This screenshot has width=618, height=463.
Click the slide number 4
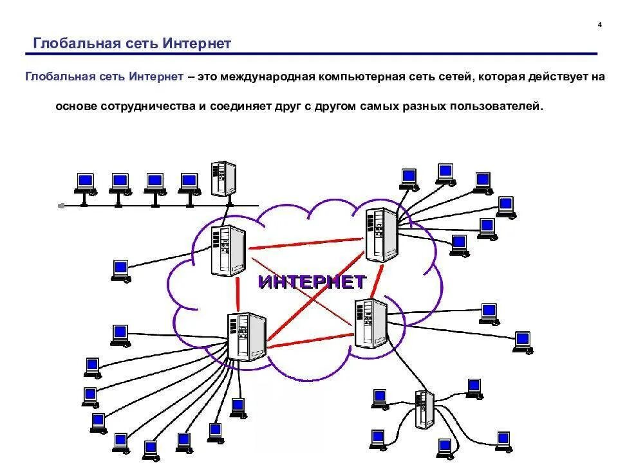coord(599,25)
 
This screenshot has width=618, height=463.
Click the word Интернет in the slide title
coord(197,44)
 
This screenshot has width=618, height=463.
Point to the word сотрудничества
coord(147,105)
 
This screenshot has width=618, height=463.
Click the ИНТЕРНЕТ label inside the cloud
coord(312,282)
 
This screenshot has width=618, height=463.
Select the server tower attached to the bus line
coord(223,178)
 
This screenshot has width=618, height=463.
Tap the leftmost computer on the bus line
coord(84,183)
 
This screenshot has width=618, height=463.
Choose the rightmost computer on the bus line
coord(188,183)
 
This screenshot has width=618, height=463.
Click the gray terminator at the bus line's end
coord(61,206)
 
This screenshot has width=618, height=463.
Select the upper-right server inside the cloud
coord(380,235)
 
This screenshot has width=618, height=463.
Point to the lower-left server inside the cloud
coord(247,338)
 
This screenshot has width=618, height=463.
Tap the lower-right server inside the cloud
coord(371,323)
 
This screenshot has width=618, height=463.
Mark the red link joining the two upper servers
coord(305,243)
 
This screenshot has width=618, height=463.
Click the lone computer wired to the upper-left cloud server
coord(120,269)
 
